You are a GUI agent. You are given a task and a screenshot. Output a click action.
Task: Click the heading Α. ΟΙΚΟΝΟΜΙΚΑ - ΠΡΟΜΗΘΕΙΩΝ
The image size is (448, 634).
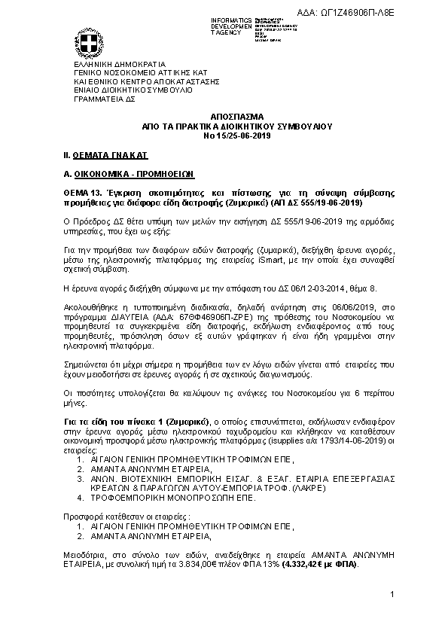tap(127, 173)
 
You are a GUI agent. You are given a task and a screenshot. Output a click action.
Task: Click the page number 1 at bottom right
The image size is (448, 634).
tap(392, 596)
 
